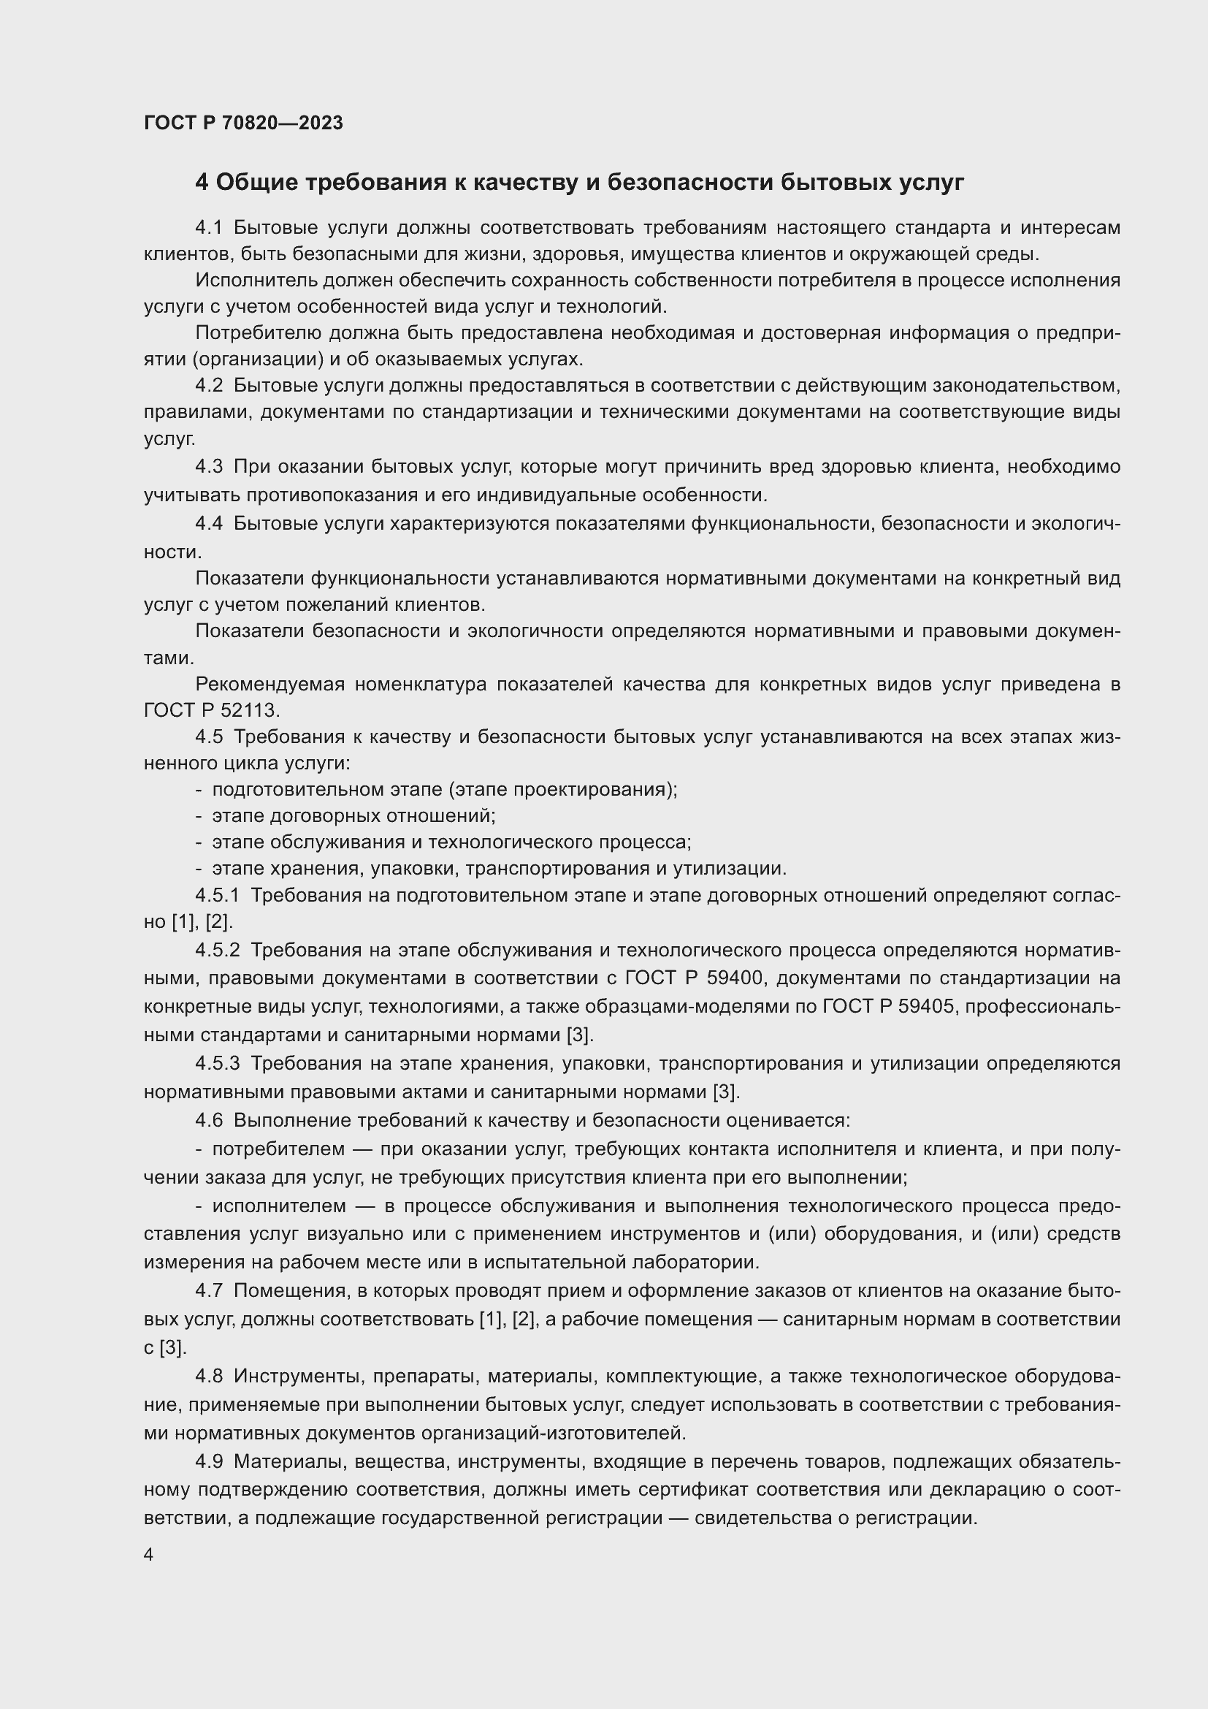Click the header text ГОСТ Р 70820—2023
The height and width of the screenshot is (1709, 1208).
(243, 123)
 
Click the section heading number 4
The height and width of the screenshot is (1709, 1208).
(202, 183)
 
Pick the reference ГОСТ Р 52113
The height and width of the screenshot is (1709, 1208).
(211, 710)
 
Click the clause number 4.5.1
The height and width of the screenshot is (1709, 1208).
(217, 896)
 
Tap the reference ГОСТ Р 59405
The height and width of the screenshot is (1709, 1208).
(892, 1006)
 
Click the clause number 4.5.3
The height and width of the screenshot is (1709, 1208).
(217, 1064)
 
